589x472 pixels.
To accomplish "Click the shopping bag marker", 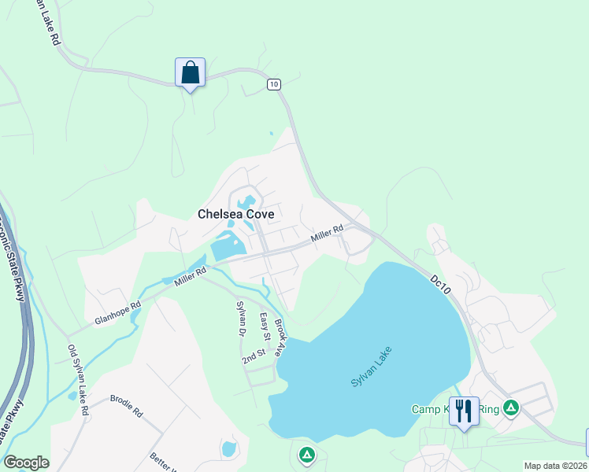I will click(190, 73).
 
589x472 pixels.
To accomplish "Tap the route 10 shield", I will click(273, 84).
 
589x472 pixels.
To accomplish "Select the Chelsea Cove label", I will click(235, 214).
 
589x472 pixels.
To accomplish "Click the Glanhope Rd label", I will click(117, 312).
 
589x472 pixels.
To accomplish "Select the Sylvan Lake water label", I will click(371, 366).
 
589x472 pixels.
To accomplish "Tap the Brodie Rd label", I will click(126, 405).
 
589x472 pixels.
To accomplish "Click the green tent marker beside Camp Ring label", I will click(511, 407).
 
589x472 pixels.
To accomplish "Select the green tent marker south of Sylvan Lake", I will click(306, 455).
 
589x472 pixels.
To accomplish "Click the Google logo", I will click(27, 463).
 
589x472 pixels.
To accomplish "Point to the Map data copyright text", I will click(555, 466).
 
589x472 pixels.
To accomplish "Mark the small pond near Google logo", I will click(229, 449).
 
